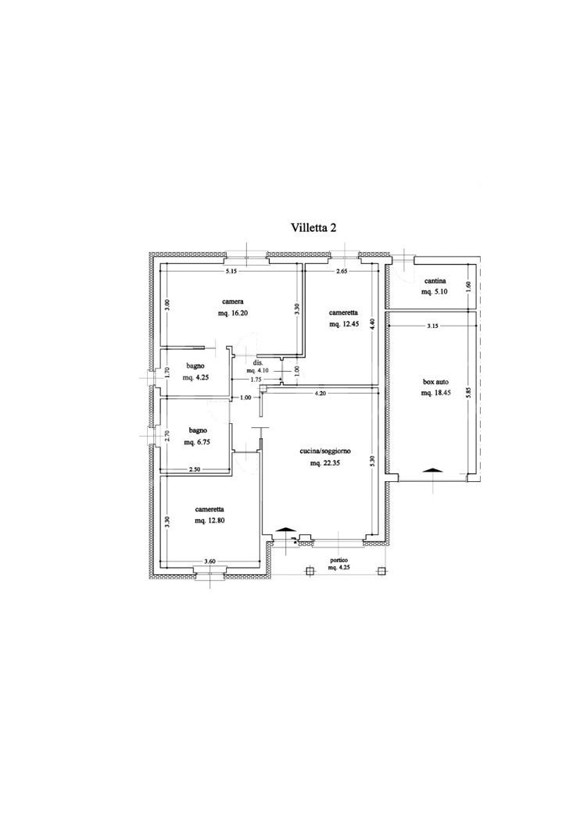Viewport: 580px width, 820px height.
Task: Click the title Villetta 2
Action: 313,227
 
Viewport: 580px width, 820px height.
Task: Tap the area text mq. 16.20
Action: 232,314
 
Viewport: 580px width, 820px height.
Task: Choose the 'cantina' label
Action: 435,281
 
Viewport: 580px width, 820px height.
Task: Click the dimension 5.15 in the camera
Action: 231,272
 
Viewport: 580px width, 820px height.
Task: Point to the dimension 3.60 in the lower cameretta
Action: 209,562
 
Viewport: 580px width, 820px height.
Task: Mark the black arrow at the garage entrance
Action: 433,470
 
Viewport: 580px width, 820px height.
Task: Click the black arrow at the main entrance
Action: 283,530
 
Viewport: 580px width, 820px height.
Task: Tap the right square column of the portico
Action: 382,571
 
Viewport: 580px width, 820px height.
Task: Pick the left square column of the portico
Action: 310,571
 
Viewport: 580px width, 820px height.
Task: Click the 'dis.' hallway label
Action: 257,362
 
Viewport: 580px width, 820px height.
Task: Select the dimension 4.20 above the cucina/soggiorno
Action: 320,394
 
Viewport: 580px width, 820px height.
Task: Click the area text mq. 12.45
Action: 343,324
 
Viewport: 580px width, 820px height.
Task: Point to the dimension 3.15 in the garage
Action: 432,326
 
